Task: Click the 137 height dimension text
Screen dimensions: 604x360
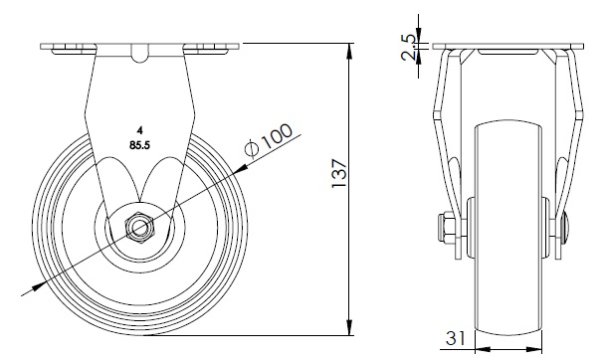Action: coord(339,173)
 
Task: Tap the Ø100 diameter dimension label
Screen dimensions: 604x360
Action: coord(269,141)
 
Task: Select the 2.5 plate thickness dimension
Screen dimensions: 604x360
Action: coord(408,48)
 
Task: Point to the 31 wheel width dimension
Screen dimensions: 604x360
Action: coord(456,338)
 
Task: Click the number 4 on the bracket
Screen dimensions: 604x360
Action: coord(140,131)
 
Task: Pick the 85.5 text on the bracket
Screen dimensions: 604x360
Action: coord(140,145)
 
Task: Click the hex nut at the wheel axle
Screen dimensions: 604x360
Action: coord(139,229)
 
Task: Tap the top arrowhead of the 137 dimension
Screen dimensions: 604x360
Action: coord(349,51)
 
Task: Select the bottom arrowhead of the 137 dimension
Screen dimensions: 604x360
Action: coord(349,327)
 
